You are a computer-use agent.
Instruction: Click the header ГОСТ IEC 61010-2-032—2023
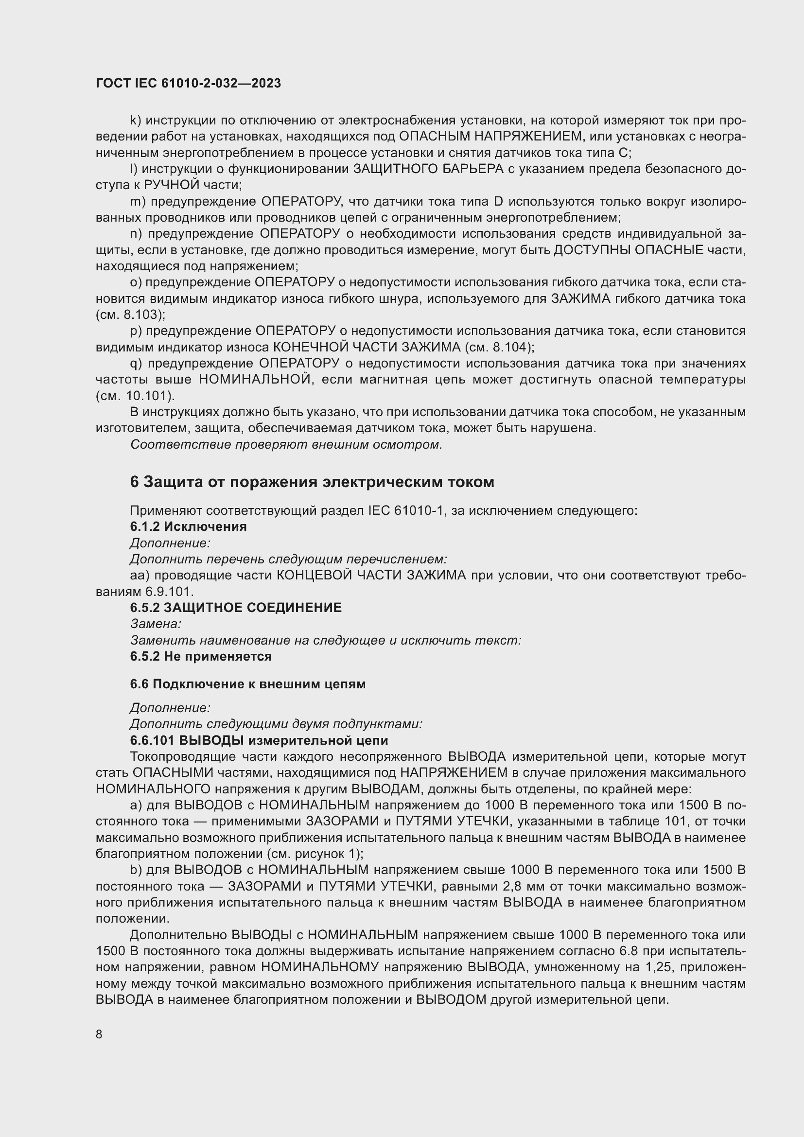point(188,83)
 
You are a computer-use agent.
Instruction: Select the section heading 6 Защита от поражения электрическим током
point(312,482)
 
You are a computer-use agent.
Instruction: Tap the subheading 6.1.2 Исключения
point(188,526)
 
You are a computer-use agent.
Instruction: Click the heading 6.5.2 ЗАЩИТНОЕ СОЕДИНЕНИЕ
point(236,608)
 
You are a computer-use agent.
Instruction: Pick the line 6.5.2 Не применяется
point(201,656)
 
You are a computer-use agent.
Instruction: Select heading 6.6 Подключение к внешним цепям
point(247,684)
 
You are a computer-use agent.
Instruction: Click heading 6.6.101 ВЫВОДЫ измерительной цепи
point(259,740)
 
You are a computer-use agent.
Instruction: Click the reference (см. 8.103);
point(131,315)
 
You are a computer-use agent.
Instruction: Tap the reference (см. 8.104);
point(500,347)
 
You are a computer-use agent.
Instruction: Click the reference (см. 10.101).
point(135,396)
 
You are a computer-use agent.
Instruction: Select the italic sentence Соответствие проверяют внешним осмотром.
point(286,444)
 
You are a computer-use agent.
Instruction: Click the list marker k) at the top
point(136,121)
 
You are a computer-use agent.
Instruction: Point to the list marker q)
point(136,364)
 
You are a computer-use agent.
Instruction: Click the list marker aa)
point(140,575)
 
